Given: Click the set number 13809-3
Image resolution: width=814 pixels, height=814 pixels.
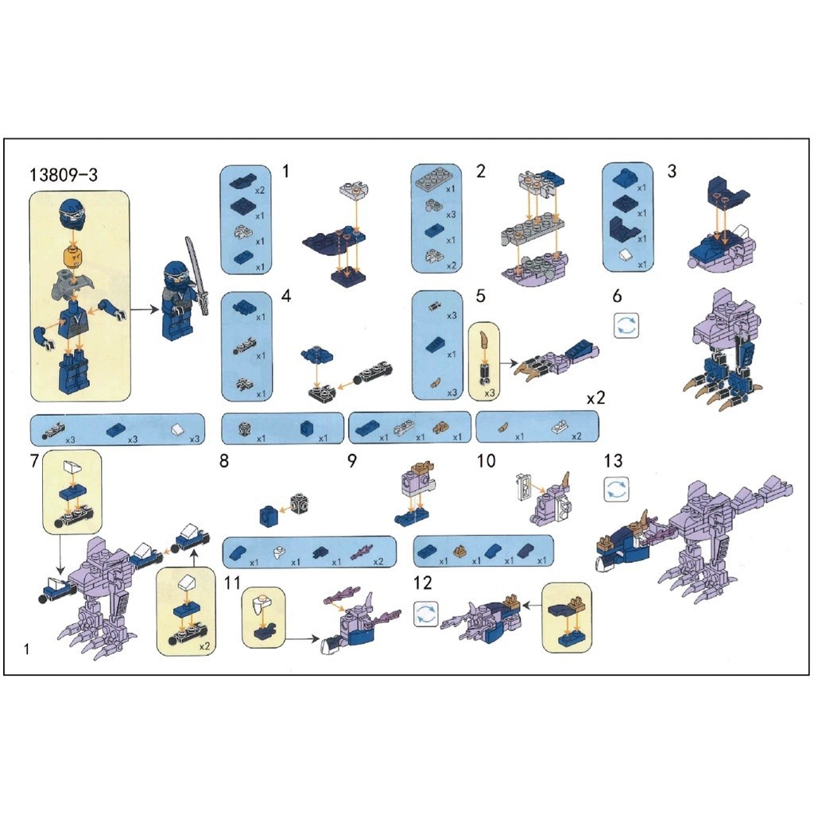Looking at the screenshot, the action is pyautogui.click(x=64, y=174).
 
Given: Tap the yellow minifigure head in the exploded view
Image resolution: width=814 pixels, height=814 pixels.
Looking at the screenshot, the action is pyautogui.click(x=74, y=258).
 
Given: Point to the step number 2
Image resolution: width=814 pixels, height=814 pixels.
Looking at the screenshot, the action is pyautogui.click(x=481, y=171).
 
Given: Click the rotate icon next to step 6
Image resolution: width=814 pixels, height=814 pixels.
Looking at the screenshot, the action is pyautogui.click(x=626, y=325).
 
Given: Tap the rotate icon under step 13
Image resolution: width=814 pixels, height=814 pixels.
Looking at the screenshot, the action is pyautogui.click(x=617, y=490).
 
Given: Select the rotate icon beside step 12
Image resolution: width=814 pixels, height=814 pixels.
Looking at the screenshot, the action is pyautogui.click(x=426, y=614).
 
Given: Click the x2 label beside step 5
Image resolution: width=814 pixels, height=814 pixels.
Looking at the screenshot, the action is pyautogui.click(x=596, y=399).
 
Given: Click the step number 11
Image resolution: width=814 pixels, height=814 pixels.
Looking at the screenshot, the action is pyautogui.click(x=232, y=583).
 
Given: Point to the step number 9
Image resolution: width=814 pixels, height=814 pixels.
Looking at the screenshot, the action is pyautogui.click(x=352, y=460).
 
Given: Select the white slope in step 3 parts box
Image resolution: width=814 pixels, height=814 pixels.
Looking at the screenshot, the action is pyautogui.click(x=627, y=254).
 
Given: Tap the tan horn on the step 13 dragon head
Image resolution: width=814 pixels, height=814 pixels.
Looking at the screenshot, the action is pyautogui.click(x=645, y=520).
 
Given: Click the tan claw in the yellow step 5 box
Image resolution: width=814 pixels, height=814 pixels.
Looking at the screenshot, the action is pyautogui.click(x=485, y=340).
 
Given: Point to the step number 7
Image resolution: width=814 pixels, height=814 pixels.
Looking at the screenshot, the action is pyautogui.click(x=35, y=460).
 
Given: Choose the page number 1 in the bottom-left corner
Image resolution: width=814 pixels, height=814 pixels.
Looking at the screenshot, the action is pyautogui.click(x=27, y=649).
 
